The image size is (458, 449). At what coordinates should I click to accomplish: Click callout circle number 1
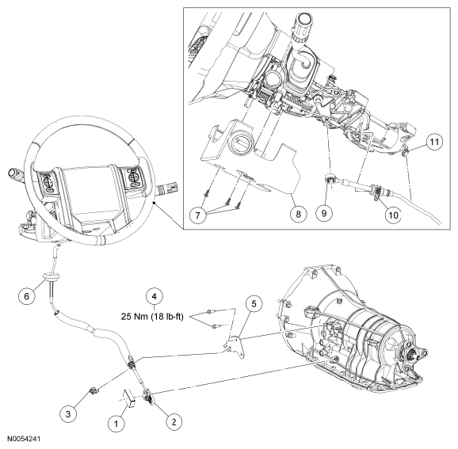point(116,424)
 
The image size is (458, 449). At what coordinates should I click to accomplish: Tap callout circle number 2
point(174,421)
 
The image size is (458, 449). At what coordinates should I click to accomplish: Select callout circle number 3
point(68,413)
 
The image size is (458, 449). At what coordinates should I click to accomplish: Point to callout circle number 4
point(155,296)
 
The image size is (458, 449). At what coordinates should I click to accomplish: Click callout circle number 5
point(254,304)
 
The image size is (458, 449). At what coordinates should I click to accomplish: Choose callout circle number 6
point(27,296)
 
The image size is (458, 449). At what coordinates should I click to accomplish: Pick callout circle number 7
point(198,215)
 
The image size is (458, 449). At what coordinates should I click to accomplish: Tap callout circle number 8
point(298,214)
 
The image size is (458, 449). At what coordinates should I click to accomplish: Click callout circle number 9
point(324,213)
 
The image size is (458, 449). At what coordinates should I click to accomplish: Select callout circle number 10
point(394,215)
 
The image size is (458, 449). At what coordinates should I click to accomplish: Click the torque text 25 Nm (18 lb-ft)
point(152,317)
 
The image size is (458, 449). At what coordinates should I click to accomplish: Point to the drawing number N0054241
point(24,439)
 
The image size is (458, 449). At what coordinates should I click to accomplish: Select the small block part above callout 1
point(130,398)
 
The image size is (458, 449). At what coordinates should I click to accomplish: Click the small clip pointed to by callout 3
point(94,390)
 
